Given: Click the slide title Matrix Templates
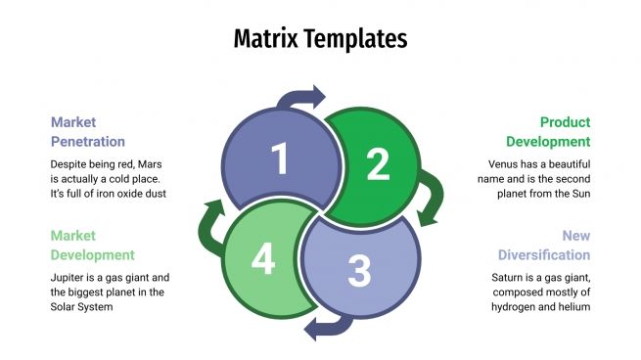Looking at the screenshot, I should (320, 39).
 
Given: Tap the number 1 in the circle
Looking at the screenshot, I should (280, 158).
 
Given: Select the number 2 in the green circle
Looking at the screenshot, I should (378, 164).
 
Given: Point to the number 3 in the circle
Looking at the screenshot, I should (359, 270).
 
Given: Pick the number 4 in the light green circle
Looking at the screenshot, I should (262, 259).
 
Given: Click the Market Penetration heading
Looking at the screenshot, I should (87, 132).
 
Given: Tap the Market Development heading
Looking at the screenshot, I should (92, 246).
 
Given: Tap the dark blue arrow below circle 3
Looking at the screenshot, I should (327, 326).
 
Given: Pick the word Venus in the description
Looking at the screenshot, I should (506, 164).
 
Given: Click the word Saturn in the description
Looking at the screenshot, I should (510, 278).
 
